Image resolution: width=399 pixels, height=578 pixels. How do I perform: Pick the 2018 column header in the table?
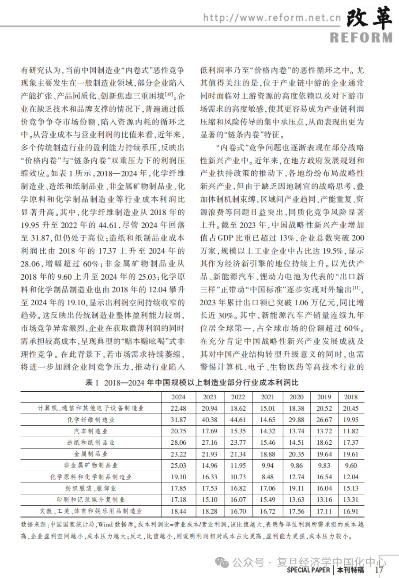click(x=351, y=397)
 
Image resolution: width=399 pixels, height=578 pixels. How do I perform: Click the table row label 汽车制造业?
click(x=90, y=431)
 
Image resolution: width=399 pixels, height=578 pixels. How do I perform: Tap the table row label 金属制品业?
click(x=90, y=454)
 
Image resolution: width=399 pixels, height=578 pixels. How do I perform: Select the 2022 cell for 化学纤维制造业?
click(x=238, y=419)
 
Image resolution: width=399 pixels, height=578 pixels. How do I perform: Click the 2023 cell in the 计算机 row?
click(x=209, y=408)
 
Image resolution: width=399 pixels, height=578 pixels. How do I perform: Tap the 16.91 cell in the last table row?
click(x=351, y=511)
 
